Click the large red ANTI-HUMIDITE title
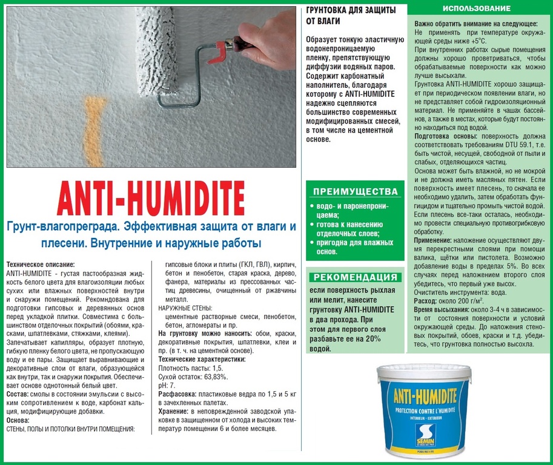(151, 197)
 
